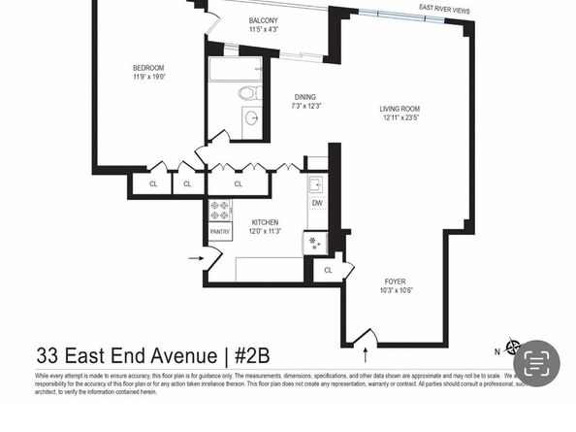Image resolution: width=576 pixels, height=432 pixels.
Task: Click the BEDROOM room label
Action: tap(148, 68)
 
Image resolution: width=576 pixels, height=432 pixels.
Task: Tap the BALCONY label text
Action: tap(264, 20)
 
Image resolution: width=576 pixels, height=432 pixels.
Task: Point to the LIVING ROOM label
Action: tap(400, 108)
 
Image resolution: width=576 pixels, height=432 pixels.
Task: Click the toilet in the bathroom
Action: tap(248, 93)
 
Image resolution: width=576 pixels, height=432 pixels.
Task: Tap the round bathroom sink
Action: tap(251, 117)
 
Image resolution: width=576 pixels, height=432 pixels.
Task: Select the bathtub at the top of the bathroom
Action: tap(235, 69)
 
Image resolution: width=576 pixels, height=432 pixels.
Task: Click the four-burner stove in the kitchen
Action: tap(220, 210)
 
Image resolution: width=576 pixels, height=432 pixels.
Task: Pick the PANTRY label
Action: tap(220, 232)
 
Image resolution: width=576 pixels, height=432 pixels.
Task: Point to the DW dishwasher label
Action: tap(317, 203)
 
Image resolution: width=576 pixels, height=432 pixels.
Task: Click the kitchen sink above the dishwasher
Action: tap(316, 183)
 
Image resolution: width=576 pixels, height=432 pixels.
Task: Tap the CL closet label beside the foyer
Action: tap(329, 270)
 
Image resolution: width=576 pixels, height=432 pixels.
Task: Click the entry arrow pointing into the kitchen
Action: tap(196, 258)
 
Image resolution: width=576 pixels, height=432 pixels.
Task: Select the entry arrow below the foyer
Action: tap(366, 337)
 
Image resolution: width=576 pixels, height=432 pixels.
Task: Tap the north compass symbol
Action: tap(513, 347)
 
